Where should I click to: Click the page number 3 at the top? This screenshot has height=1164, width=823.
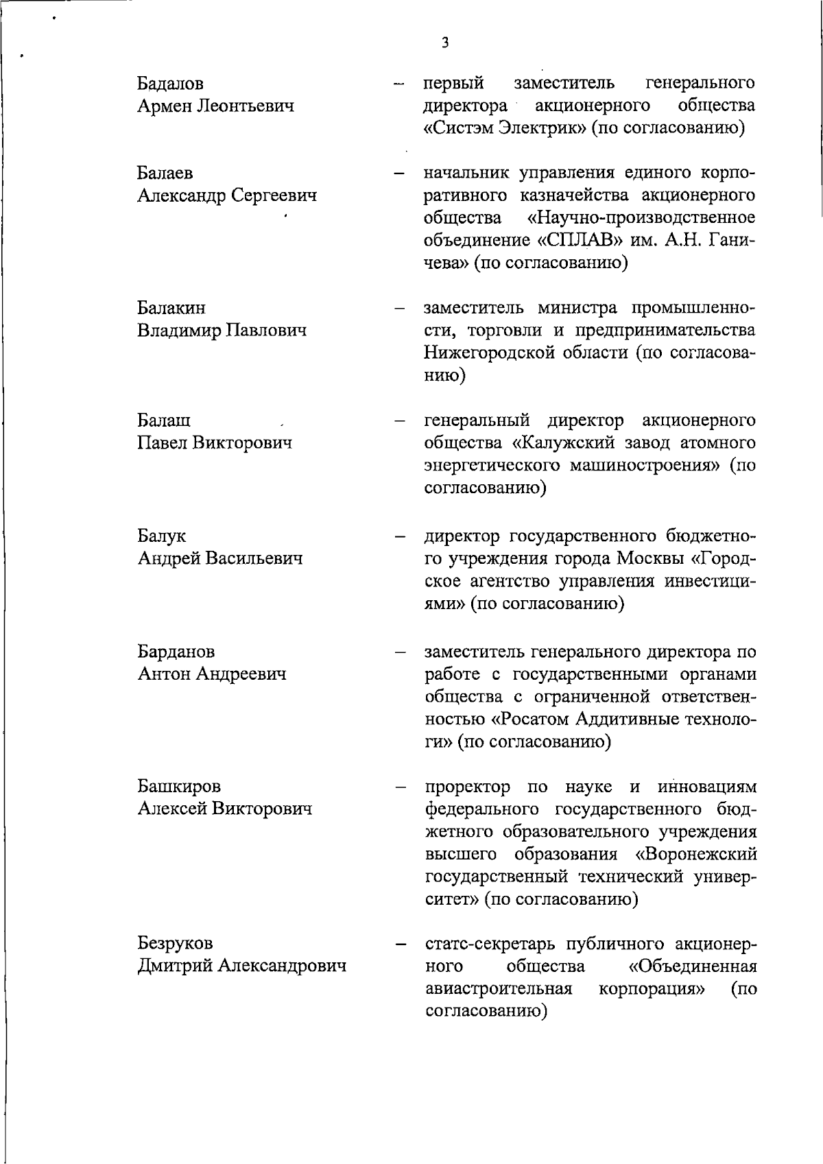pos(446,43)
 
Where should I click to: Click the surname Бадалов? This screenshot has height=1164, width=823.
pos(171,84)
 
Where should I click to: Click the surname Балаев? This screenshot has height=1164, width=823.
pos(165,174)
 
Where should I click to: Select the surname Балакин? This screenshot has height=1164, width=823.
pos(171,308)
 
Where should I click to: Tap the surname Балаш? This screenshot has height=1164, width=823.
pos(164,420)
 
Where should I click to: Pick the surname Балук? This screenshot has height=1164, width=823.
pos(161,536)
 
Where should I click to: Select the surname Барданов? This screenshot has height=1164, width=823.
pos(176,651)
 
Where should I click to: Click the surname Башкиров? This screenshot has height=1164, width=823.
pos(179,785)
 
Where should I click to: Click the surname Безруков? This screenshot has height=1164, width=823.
pos(175,943)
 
